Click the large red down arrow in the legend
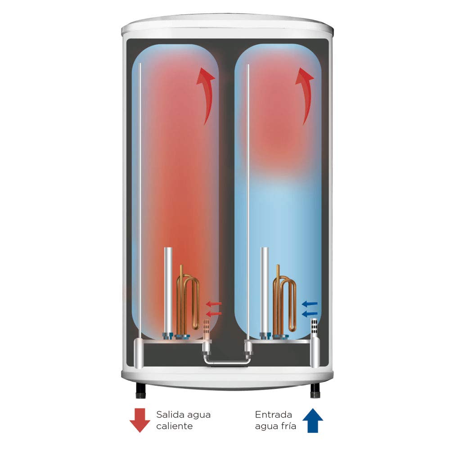point(140,420)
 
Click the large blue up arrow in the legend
point(313,420)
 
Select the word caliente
point(174,426)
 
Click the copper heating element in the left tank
point(187,301)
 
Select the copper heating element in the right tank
point(284,301)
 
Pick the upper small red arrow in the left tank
point(214,304)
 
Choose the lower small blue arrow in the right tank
point(310,314)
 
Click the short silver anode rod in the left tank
point(168,291)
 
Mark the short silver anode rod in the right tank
point(265,291)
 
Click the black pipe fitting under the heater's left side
point(140,391)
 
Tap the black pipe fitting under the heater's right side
point(315,391)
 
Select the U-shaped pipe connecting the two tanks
point(227,362)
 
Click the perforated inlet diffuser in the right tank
point(315,328)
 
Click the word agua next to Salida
point(197,415)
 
